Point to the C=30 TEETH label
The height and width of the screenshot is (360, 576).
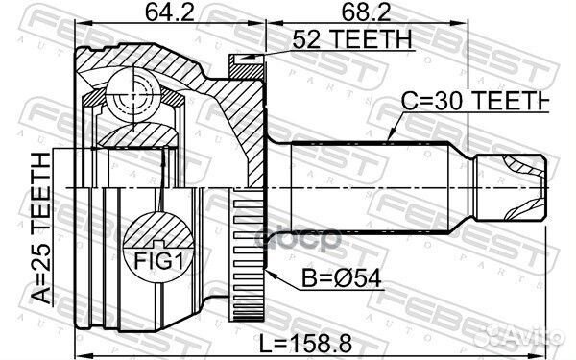(x=469, y=101)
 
